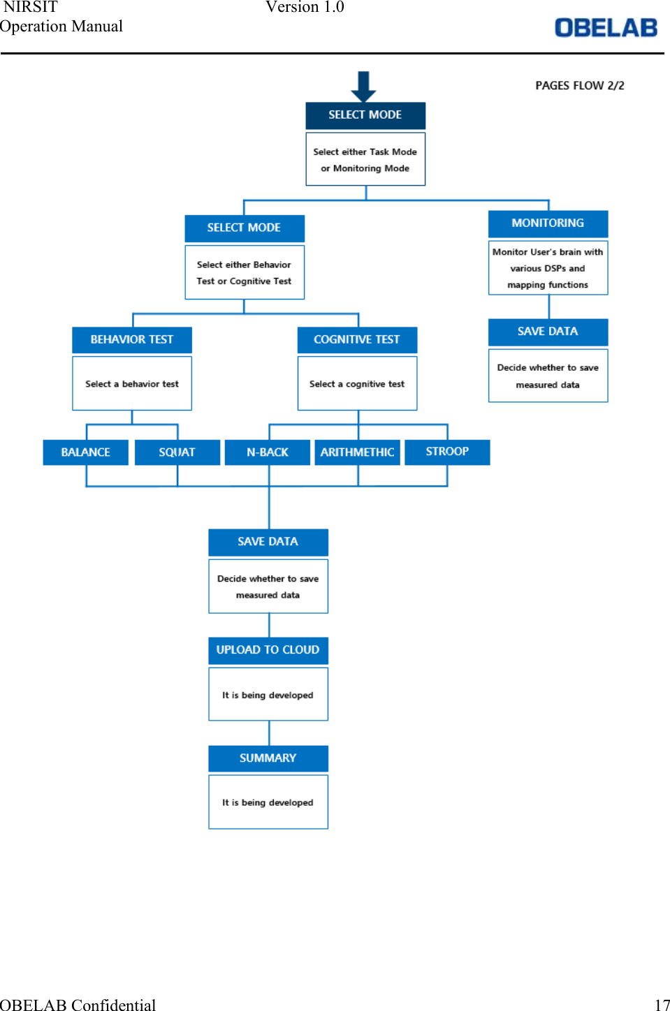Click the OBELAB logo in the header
point(606,28)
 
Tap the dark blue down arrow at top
point(363,86)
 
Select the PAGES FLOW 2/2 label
point(579,85)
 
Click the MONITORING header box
point(548,223)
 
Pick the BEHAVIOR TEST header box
point(132,339)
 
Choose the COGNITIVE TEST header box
point(357,339)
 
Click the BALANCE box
point(85,452)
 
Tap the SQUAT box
point(177,452)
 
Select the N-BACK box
point(267,452)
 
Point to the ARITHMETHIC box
point(357,452)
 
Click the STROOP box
point(447,452)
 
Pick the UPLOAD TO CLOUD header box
point(268,650)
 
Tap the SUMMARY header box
point(268,758)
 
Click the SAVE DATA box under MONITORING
point(548,332)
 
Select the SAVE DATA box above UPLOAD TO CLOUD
point(268,542)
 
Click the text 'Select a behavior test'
point(132,384)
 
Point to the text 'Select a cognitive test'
point(357,384)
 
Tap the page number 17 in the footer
point(662,1004)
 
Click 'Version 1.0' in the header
point(305,7)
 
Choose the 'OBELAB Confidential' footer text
point(78,1004)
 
